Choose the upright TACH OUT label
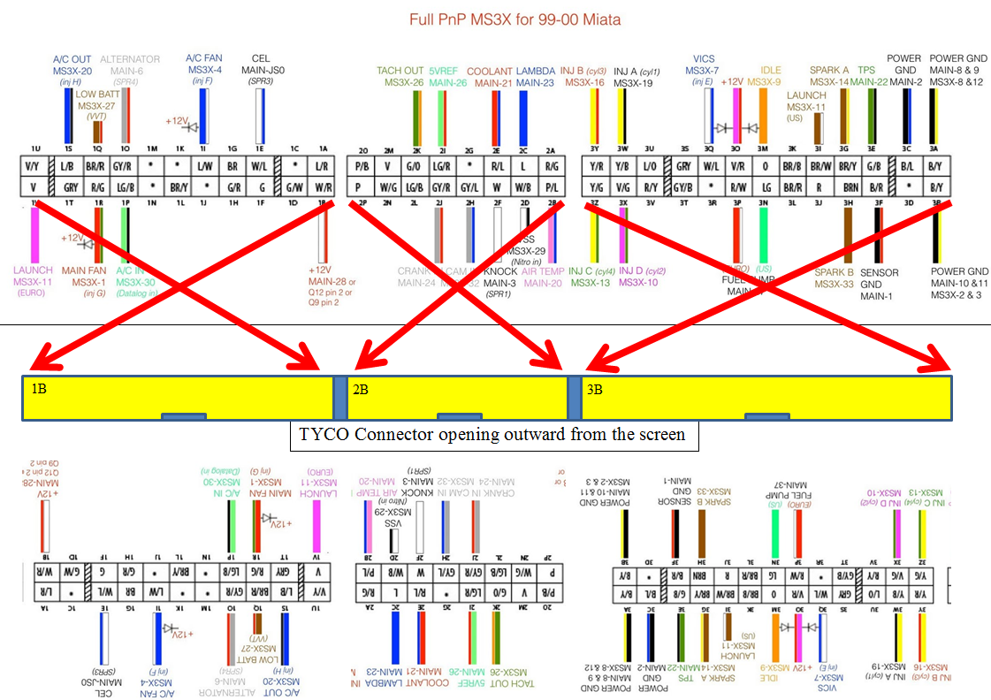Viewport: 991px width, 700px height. pos(400,71)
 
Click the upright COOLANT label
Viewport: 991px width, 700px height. pos(489,71)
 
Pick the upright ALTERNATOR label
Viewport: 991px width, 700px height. pos(130,59)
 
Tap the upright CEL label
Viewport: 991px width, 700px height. pos(260,58)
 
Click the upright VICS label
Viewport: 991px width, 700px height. pos(704,59)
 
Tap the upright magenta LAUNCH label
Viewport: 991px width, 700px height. pos(34,270)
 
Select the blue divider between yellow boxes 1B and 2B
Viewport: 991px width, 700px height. pos(340,398)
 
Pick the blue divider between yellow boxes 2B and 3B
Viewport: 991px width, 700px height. pos(573,398)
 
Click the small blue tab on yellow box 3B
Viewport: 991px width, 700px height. pos(773,416)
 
